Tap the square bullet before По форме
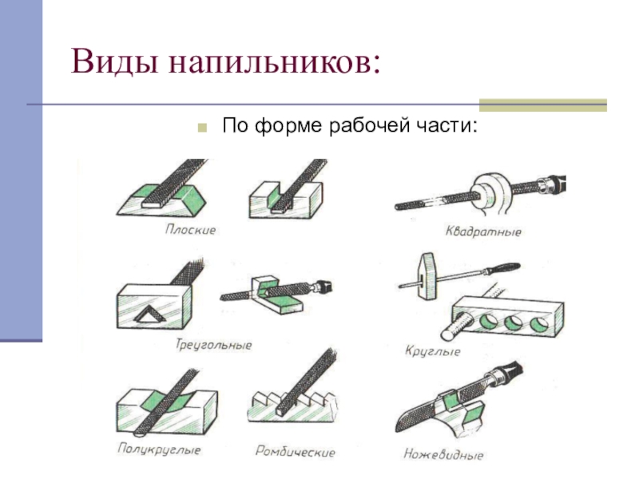coord(204,127)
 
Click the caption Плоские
coord(190,230)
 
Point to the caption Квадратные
coord(483,232)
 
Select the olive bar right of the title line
coord(542,105)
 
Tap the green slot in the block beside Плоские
coord(281,197)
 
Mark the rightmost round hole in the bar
coord(539,323)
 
